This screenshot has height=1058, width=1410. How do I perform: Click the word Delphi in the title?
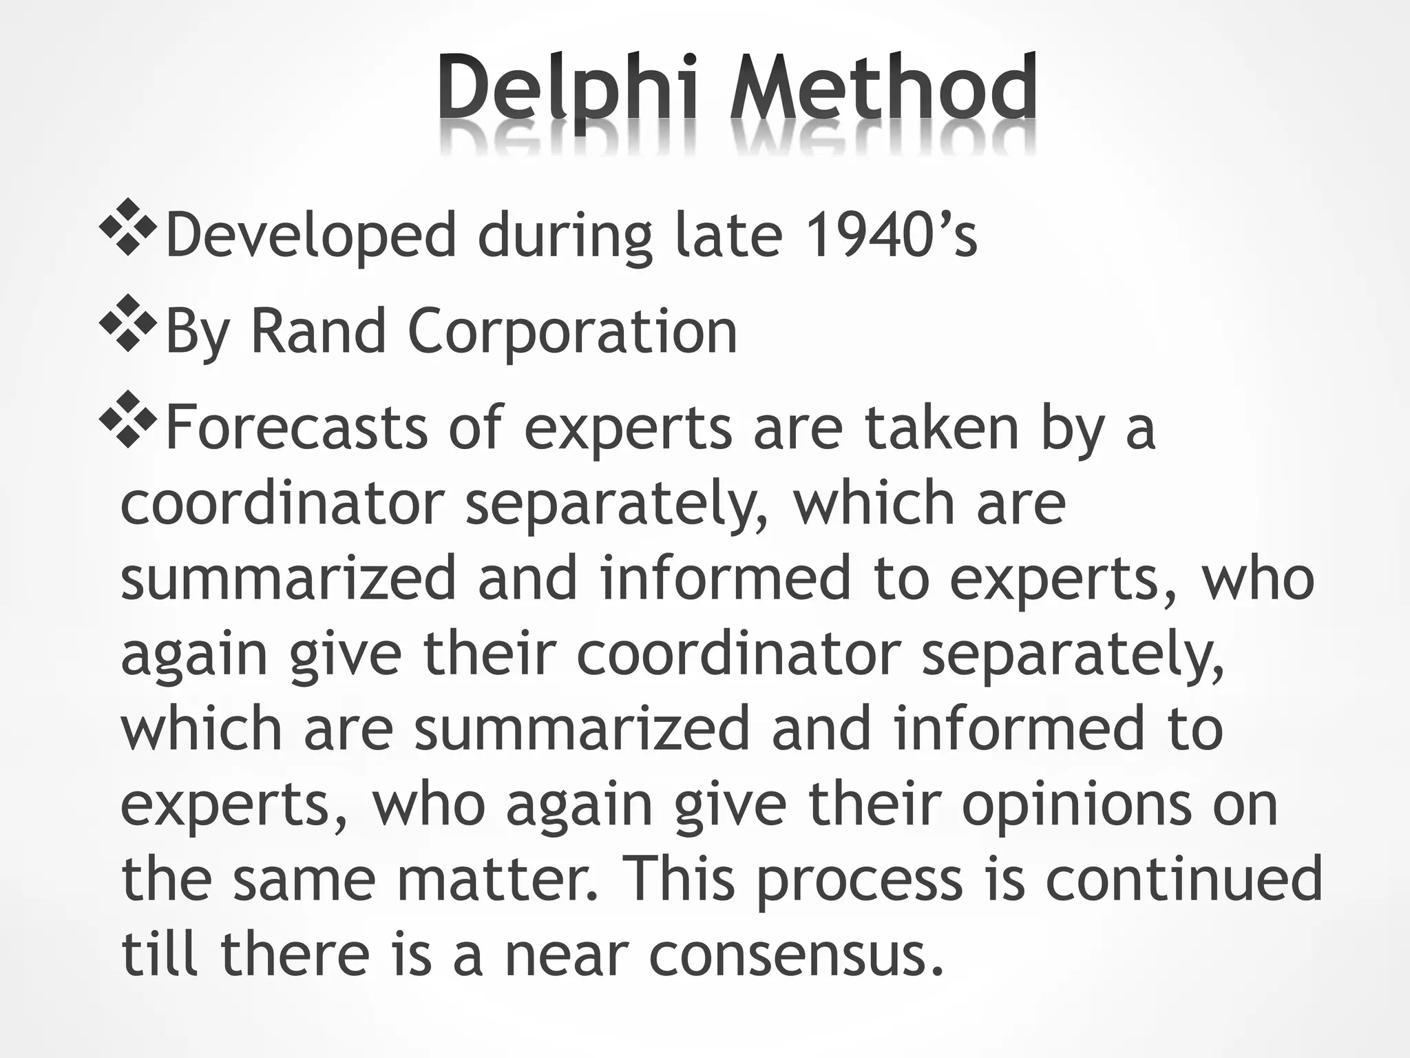click(567, 90)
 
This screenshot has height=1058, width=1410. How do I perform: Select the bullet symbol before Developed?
click(127, 227)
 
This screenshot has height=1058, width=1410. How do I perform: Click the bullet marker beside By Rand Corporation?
click(127, 324)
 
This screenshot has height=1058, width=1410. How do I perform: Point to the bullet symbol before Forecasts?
click(127, 420)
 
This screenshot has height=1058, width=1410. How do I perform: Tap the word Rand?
click(319, 332)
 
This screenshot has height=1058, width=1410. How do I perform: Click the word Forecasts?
click(297, 428)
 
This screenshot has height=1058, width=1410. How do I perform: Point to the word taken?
click(942, 428)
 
